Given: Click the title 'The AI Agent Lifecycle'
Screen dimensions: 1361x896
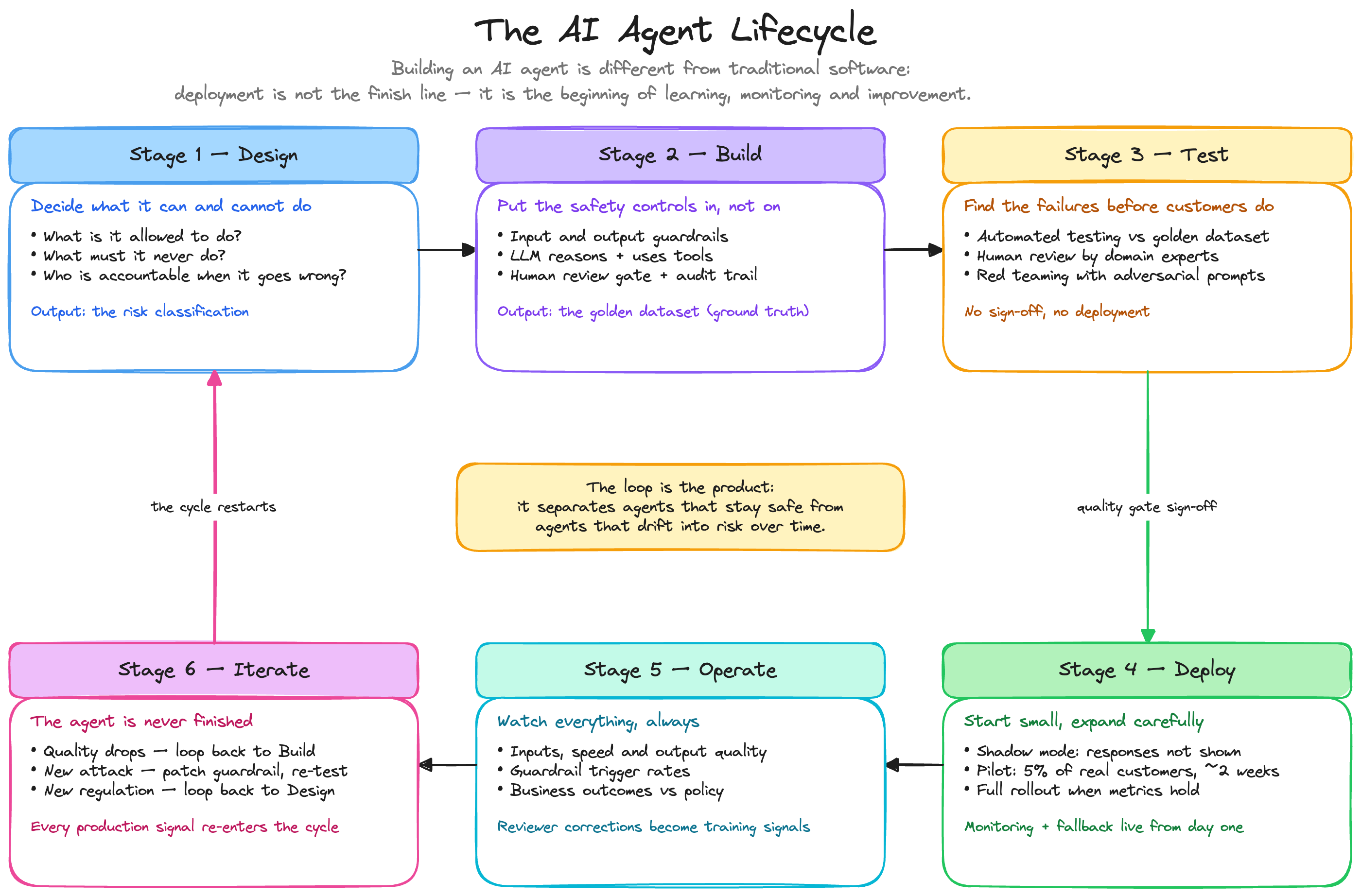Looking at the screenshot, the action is (x=675, y=31).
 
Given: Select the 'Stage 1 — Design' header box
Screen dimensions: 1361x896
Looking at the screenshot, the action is (x=214, y=155).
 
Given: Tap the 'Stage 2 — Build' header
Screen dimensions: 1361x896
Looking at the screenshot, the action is (x=680, y=155).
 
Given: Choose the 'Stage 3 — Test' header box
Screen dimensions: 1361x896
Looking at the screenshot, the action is (x=1147, y=155).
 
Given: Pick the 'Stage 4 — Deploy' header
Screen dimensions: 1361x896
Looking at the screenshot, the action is (x=1147, y=670).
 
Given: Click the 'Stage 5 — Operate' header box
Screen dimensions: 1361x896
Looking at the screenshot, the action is (x=680, y=670).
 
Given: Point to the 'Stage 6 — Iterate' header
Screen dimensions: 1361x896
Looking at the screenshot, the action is (x=214, y=670).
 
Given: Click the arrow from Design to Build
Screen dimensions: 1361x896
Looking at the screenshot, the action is (x=447, y=250).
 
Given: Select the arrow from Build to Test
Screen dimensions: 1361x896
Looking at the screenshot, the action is (x=913, y=250).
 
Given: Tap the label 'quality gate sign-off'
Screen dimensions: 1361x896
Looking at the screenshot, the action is (x=1147, y=507).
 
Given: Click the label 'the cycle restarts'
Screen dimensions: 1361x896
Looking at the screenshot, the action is (x=213, y=507).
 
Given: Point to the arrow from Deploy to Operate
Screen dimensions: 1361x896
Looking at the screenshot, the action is (x=914, y=764).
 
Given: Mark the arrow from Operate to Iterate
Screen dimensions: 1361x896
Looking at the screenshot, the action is (x=447, y=764).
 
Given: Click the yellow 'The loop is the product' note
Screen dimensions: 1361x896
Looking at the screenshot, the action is (x=680, y=507).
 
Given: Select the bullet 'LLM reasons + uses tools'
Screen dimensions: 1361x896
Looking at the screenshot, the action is (x=605, y=256).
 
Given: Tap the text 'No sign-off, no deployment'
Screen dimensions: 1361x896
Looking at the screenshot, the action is (x=1057, y=311).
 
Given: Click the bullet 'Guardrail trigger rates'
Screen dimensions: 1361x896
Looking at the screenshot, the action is (x=593, y=771).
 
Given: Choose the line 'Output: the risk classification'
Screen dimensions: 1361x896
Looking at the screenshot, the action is (x=140, y=311).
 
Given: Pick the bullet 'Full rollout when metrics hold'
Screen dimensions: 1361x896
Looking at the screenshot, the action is (x=1082, y=790).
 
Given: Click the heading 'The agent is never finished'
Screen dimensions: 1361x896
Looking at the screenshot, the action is (x=141, y=721).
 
